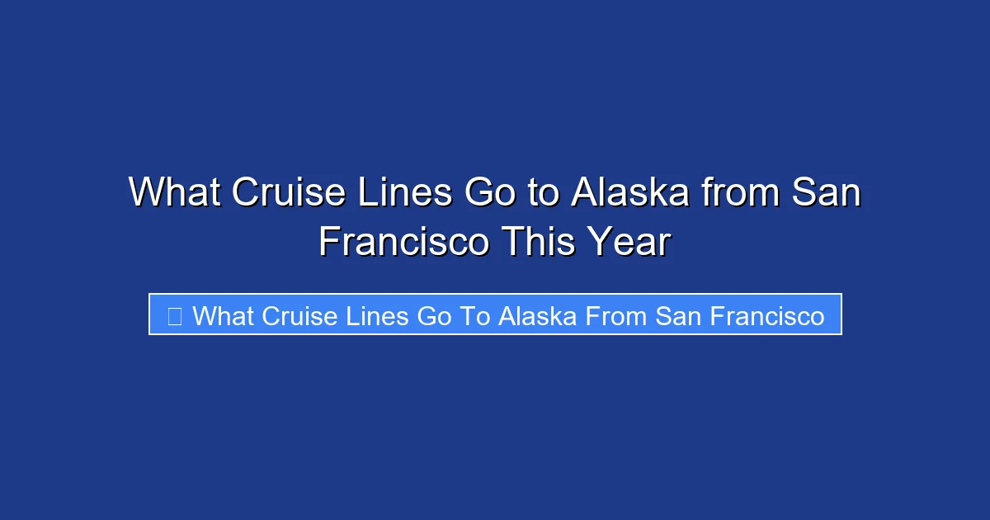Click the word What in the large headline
(174, 193)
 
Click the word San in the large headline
(827, 193)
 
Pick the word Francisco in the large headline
(403, 243)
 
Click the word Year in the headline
(630, 243)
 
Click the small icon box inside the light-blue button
(174, 315)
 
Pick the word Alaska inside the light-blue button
(537, 315)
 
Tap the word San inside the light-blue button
(677, 315)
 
